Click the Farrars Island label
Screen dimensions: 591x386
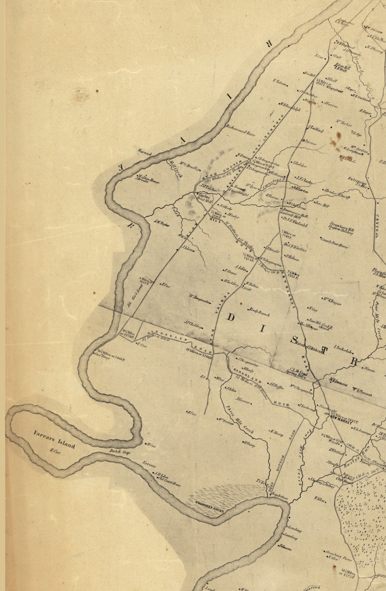point(54,439)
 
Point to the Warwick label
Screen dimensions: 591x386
point(146,153)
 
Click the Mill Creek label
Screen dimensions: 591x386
point(173,169)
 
